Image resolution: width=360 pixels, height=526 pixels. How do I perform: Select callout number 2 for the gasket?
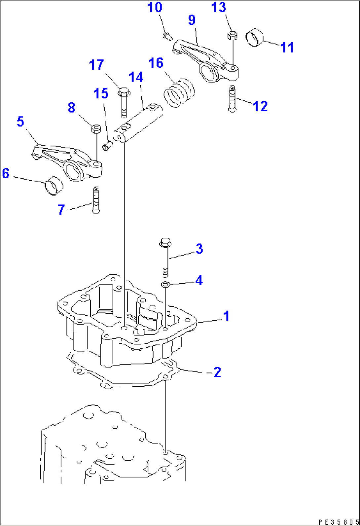(217, 372)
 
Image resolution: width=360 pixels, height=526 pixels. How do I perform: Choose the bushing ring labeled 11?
(255, 38)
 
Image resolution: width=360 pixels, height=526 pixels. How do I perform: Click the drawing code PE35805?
(337, 522)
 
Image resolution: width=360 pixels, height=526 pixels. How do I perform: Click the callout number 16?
(156, 63)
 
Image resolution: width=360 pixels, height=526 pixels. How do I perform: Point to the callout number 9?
(192, 20)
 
